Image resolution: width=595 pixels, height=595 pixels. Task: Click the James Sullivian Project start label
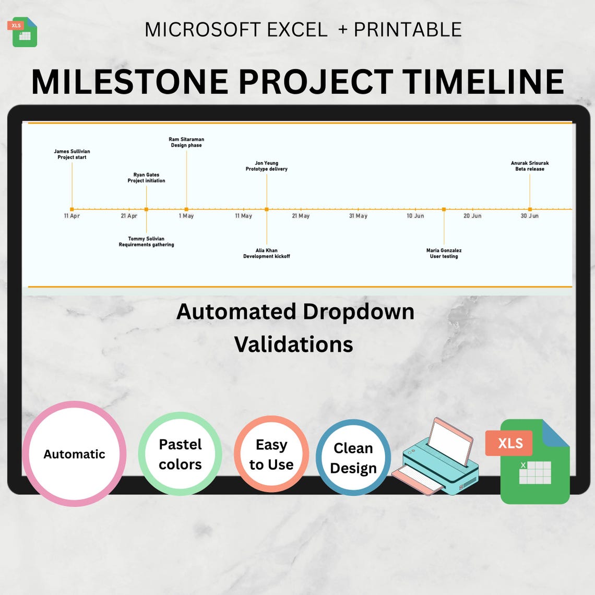72,154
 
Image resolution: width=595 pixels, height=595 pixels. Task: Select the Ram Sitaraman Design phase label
186,142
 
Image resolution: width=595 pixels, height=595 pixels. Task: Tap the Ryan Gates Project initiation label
146,178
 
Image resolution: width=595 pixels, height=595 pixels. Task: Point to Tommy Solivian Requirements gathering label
146,242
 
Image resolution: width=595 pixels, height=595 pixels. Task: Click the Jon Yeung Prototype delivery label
267,166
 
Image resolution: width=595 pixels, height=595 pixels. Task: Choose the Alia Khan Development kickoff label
267,253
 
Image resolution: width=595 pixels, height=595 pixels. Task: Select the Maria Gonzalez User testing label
444,253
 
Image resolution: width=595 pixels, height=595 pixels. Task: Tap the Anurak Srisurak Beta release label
530,166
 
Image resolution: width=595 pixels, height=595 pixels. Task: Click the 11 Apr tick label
72,216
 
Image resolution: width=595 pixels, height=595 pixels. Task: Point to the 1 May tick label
186,216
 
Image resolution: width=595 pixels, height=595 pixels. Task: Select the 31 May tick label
358,216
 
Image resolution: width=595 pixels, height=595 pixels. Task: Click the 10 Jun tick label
415,216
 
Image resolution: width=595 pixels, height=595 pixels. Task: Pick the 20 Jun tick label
472,216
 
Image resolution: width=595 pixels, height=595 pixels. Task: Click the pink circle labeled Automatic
74,454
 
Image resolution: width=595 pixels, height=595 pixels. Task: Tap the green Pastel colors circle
180,454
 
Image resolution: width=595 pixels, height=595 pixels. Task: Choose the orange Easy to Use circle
271,455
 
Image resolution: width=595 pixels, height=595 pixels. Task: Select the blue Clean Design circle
353,458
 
